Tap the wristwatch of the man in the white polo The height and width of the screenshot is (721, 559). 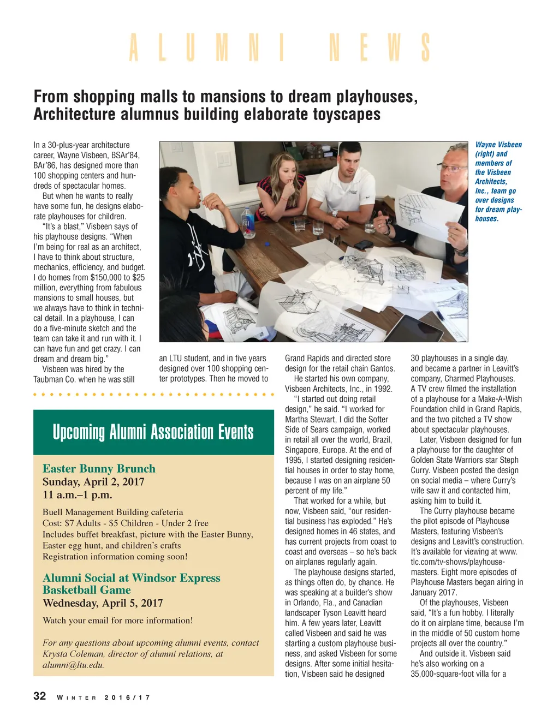(335, 213)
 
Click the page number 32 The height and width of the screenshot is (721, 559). (40, 696)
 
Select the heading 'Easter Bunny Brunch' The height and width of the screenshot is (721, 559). (99, 468)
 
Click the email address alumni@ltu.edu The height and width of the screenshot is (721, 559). (73, 665)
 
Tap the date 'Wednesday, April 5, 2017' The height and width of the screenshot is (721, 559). (103, 603)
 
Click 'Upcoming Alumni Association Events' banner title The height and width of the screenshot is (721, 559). (153, 432)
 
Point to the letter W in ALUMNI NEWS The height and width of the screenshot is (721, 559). (394, 48)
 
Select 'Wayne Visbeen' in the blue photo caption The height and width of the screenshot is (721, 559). (498, 145)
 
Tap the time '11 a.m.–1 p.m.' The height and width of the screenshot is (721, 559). (77, 495)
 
